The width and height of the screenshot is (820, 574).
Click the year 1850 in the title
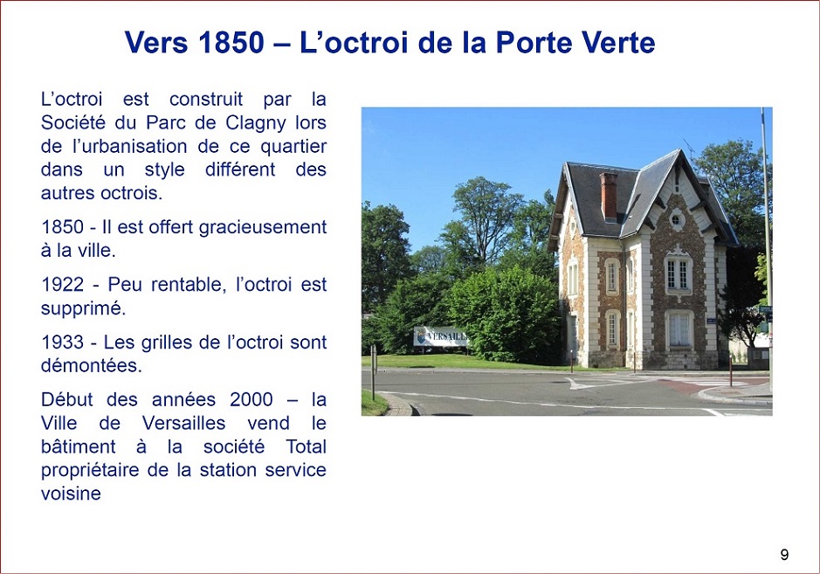[231, 42]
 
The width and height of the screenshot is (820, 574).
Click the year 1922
[62, 285]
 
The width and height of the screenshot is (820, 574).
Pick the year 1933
[62, 342]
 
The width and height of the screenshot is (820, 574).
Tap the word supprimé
[83, 308]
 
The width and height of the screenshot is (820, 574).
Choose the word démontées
[92, 365]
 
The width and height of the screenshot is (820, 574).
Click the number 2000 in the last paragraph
[251, 400]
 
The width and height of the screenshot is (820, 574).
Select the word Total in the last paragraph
[306, 446]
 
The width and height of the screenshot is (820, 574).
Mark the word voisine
[71, 494]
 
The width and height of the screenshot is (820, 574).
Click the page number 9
[784, 555]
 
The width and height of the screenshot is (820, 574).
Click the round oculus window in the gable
[676, 219]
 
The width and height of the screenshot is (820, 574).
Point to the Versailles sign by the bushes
[440, 336]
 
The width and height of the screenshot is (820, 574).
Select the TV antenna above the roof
[690, 148]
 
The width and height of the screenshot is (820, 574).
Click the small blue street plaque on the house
[711, 320]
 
